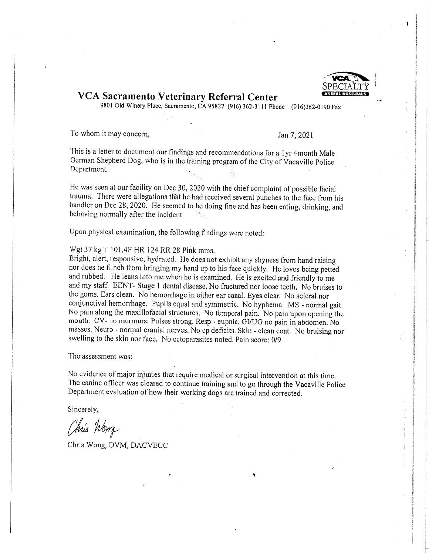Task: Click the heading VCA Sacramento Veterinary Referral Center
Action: pos(178,97)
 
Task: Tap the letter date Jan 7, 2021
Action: pos(295,135)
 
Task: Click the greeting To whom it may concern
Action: pos(110,134)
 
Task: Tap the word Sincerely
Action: pos(83,409)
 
